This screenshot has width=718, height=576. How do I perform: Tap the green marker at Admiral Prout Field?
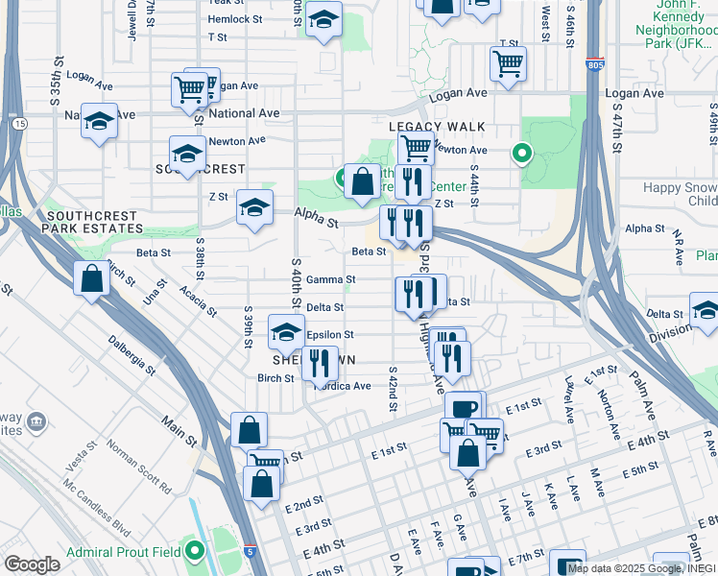click(x=196, y=551)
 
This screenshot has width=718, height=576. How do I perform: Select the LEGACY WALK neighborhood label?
click(x=437, y=127)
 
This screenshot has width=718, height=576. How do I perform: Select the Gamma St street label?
click(x=331, y=280)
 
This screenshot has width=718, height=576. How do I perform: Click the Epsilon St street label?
click(x=330, y=335)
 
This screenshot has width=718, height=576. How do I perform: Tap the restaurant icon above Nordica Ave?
click(x=320, y=362)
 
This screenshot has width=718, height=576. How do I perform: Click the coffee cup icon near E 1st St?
click(x=463, y=407)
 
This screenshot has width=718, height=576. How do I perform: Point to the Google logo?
click(x=33, y=564)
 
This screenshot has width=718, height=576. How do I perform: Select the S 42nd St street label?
click(x=393, y=389)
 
